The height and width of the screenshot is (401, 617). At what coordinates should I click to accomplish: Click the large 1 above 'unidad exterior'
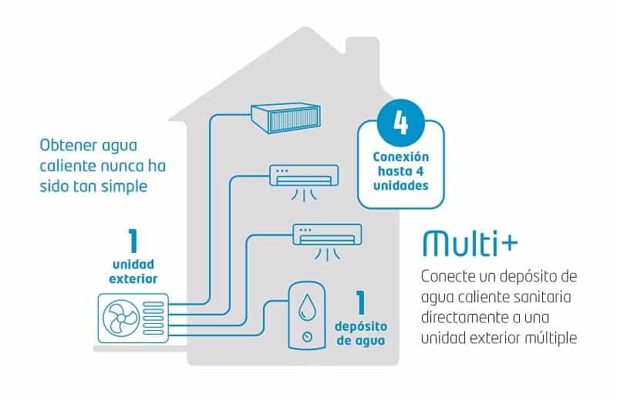point(133,241)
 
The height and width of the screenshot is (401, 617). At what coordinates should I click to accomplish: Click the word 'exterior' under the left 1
point(133,278)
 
